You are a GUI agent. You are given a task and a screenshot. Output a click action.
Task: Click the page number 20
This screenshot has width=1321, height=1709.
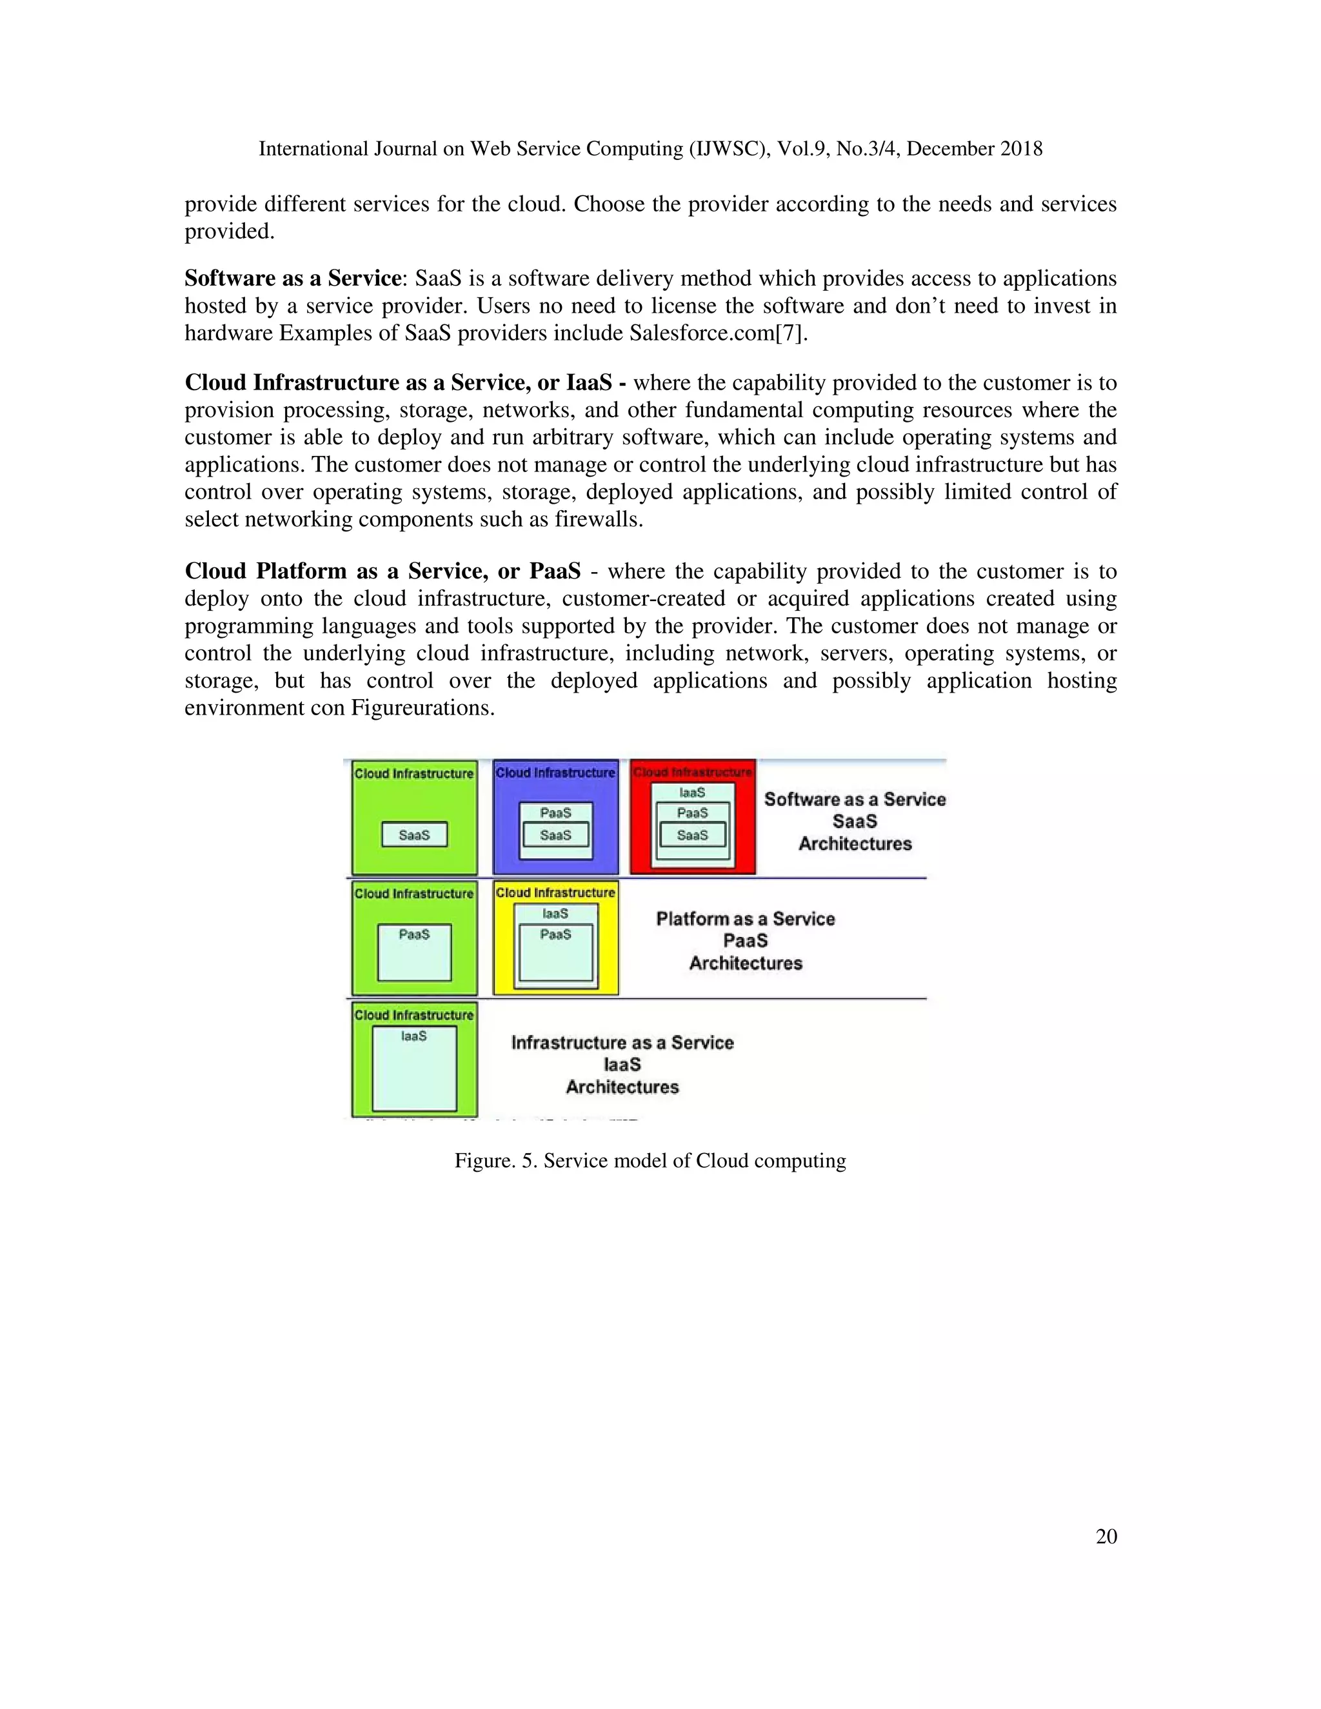click(x=1106, y=1536)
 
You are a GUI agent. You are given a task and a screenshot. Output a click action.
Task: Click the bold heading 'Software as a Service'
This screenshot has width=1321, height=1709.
click(x=293, y=279)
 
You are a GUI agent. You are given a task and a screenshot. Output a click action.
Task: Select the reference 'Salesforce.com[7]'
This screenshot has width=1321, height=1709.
click(x=718, y=333)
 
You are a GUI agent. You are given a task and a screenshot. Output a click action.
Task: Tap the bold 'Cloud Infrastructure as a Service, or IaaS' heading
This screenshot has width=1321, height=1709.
click(x=397, y=382)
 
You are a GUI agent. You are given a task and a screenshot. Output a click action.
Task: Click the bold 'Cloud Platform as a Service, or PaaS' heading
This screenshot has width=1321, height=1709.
click(x=382, y=571)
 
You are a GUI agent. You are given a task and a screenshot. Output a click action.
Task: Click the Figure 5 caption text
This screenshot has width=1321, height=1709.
click(x=650, y=1160)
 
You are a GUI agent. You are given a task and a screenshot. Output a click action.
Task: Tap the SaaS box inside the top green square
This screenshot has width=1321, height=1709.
click(x=414, y=835)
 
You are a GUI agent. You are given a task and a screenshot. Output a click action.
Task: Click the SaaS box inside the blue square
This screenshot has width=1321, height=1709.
click(x=555, y=836)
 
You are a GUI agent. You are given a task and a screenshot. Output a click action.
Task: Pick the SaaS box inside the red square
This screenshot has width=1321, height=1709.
click(x=693, y=836)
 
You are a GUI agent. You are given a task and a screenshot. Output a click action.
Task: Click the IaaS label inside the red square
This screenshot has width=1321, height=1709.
click(x=693, y=793)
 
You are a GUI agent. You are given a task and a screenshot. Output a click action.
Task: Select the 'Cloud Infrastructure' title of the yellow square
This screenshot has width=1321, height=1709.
click(x=555, y=893)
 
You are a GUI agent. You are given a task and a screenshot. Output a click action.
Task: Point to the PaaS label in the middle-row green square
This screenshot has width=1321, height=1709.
click(x=414, y=934)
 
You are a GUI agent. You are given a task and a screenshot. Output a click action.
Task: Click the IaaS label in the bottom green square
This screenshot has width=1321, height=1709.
click(x=414, y=1036)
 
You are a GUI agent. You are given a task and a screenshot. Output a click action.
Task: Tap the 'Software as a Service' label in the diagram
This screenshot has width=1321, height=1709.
click(x=855, y=800)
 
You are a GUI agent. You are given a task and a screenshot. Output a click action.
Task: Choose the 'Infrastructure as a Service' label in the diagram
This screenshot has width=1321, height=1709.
click(x=622, y=1043)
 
